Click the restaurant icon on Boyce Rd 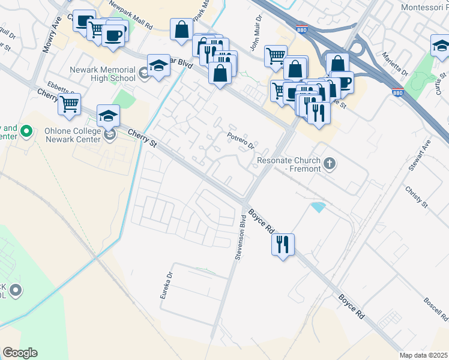click(x=283, y=244)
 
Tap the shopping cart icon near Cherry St click(x=70, y=104)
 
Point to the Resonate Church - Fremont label click(x=290, y=164)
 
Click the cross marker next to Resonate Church click(x=329, y=162)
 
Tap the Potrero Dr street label click(x=241, y=142)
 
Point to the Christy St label click(x=415, y=197)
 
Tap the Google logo click(x=20, y=352)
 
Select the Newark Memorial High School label click(x=103, y=74)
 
